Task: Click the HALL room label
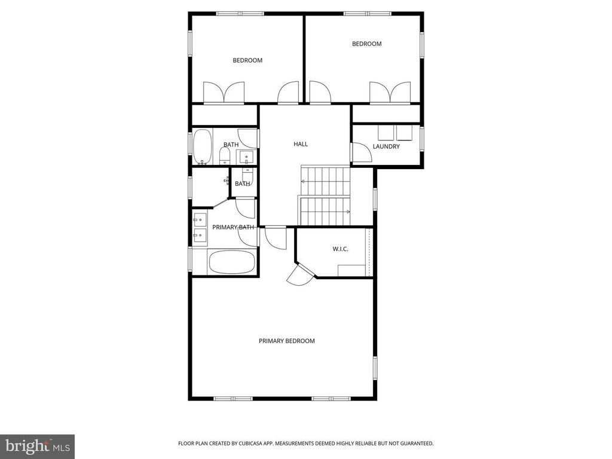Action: click(x=301, y=144)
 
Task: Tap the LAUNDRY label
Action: click(x=386, y=146)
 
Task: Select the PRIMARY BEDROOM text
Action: click(x=286, y=341)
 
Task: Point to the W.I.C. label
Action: click(x=340, y=249)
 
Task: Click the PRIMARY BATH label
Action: click(x=233, y=227)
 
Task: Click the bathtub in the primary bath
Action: click(x=232, y=262)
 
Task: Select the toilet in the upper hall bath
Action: click(x=225, y=156)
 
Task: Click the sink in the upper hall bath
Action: click(x=247, y=157)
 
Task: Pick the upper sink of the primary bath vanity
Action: click(x=200, y=220)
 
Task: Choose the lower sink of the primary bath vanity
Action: click(x=200, y=235)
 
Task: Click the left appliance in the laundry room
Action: click(x=385, y=132)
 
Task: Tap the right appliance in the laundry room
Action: click(x=405, y=132)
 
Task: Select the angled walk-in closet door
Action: click(x=301, y=274)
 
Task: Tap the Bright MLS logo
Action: click(x=38, y=446)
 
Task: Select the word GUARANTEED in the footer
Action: click(x=418, y=443)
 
